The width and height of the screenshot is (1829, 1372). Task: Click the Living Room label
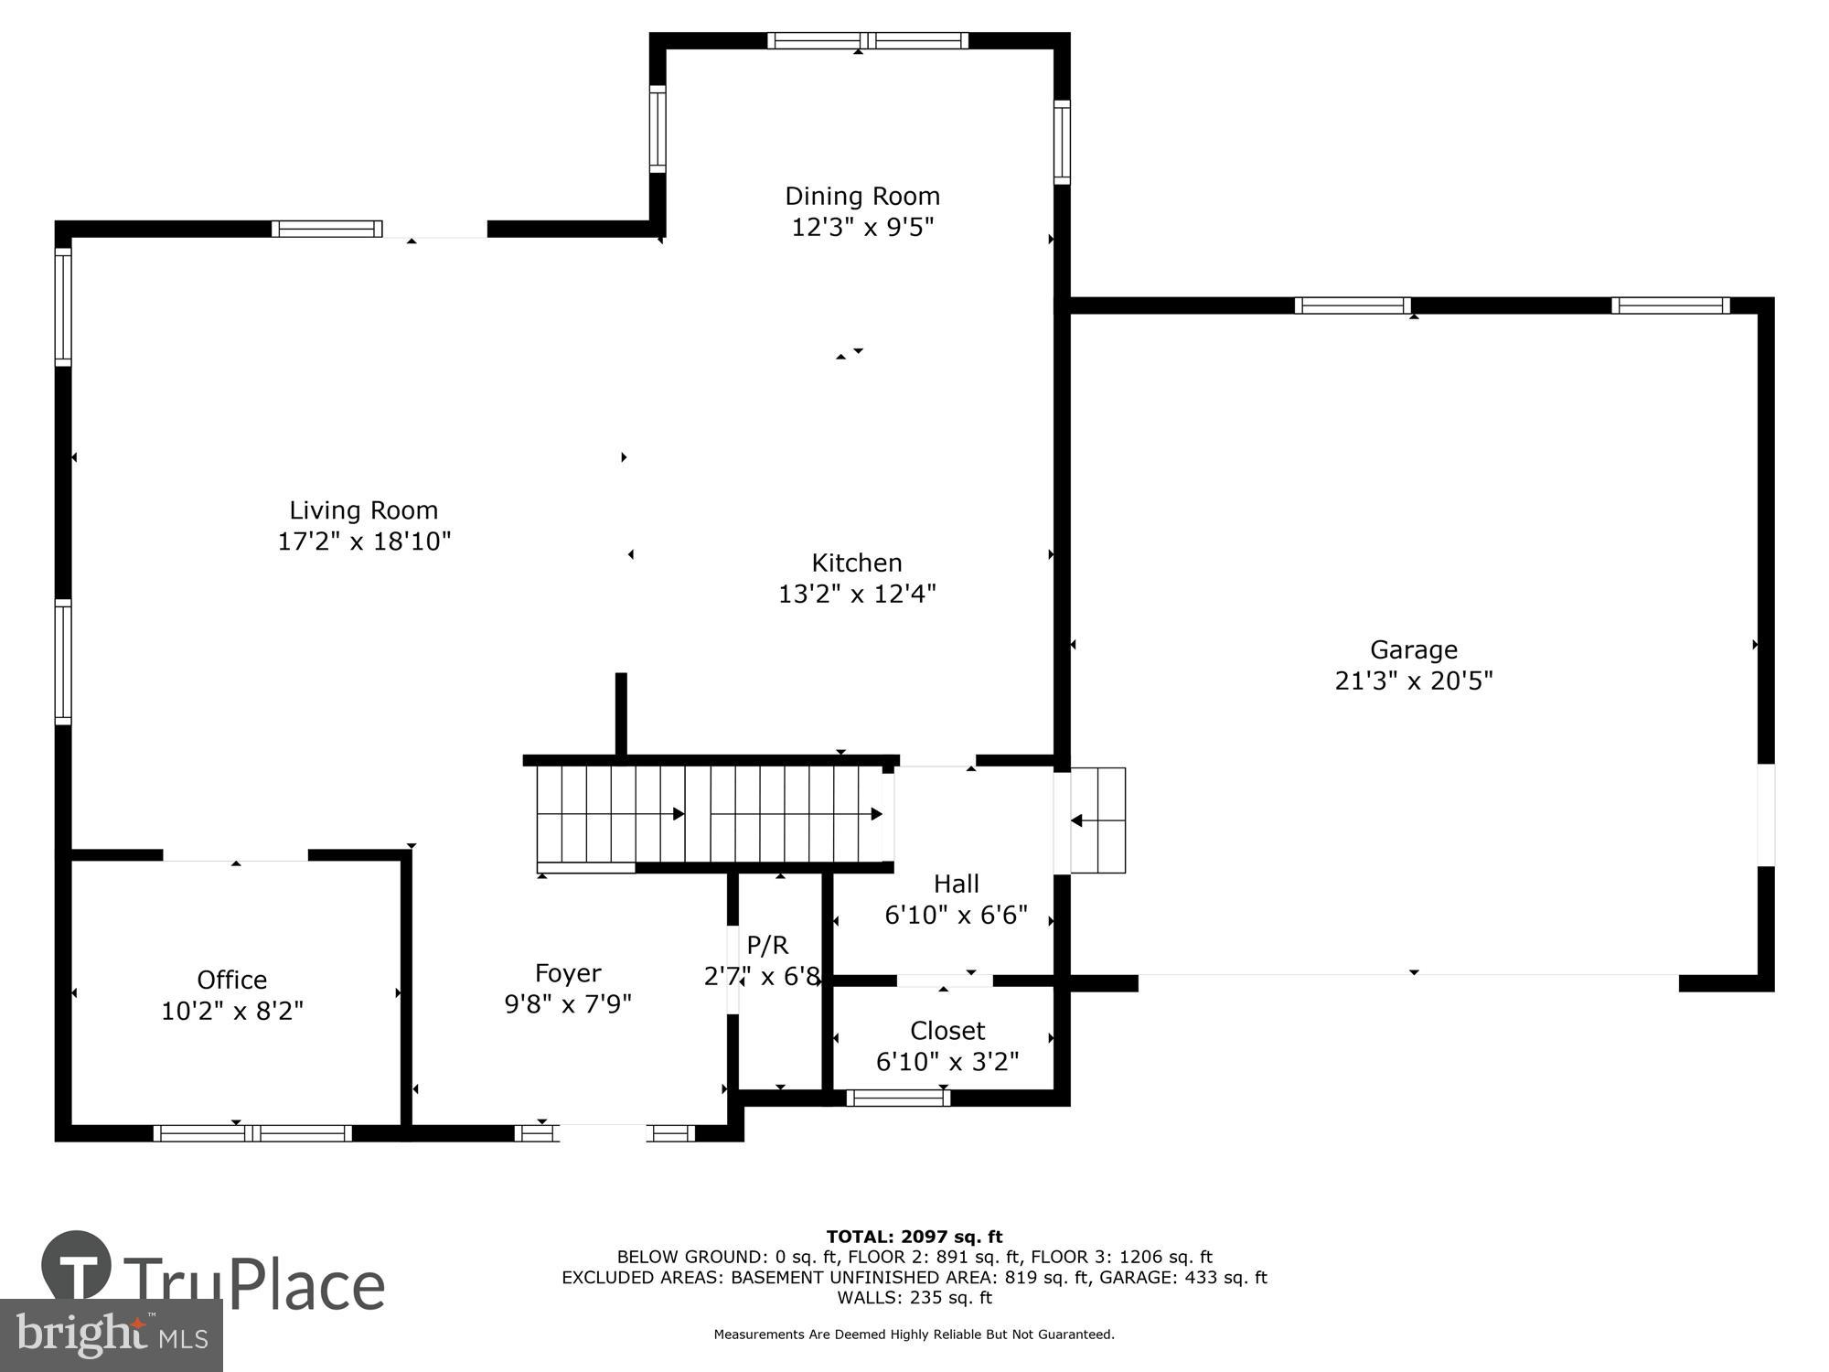364,510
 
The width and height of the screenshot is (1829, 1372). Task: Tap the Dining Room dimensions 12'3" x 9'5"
862,227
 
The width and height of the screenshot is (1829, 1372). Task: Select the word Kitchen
857,563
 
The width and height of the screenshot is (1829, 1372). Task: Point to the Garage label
1413,650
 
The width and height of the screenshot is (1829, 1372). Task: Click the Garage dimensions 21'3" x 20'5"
1413,681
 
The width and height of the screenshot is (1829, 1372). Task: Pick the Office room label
232,980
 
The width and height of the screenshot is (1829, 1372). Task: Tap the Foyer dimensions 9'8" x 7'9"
568,1004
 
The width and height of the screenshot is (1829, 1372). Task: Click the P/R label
766,945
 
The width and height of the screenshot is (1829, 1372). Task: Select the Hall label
956,884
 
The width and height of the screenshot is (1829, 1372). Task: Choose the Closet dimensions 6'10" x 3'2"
947,1062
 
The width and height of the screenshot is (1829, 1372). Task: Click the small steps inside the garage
1097,820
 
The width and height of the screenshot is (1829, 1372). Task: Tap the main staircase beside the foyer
711,814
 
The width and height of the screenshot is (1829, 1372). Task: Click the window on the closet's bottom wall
898,1098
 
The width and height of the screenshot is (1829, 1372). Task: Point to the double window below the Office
252,1133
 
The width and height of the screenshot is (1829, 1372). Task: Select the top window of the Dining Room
867,40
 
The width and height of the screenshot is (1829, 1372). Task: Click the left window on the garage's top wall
1352,305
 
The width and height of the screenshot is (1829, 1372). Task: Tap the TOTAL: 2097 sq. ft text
914,1238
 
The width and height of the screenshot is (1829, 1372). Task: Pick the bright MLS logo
111,1335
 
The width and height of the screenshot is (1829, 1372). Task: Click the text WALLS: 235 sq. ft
914,1297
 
